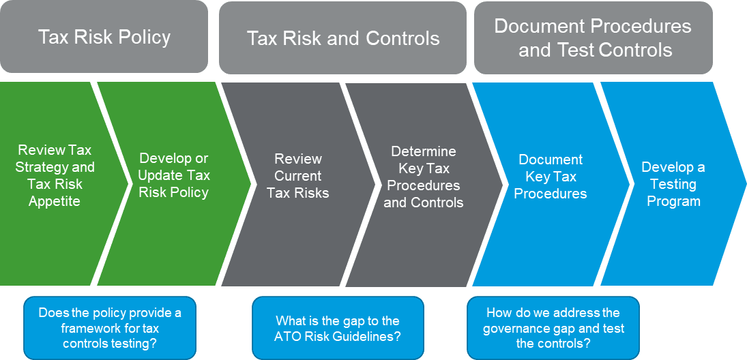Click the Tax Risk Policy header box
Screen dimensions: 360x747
click(104, 37)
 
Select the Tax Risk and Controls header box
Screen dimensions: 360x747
click(343, 37)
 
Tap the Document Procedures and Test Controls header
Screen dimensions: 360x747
click(593, 37)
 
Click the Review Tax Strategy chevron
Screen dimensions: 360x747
click(55, 176)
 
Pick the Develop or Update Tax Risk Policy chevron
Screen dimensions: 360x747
click(174, 176)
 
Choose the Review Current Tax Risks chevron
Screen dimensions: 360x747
click(298, 176)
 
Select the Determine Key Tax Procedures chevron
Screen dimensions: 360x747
click(423, 177)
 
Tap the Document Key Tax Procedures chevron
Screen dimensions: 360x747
click(550, 177)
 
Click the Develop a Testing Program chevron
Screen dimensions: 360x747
click(673, 184)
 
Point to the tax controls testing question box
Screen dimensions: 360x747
click(110, 327)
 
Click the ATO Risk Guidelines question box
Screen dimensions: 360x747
click(338, 328)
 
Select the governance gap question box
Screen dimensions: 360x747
click(553, 328)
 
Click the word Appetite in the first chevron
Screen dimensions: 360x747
click(55, 202)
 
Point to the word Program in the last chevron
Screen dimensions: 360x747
click(673, 201)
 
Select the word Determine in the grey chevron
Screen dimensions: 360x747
click(423, 151)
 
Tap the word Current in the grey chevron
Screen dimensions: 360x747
click(298, 176)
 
